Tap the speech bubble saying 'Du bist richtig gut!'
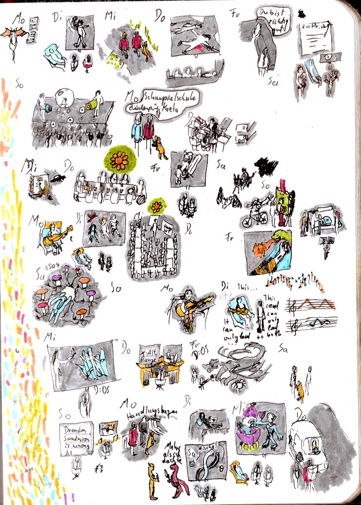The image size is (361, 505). pyautogui.click(x=271, y=20)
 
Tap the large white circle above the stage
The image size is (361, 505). pyautogui.click(x=64, y=98)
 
